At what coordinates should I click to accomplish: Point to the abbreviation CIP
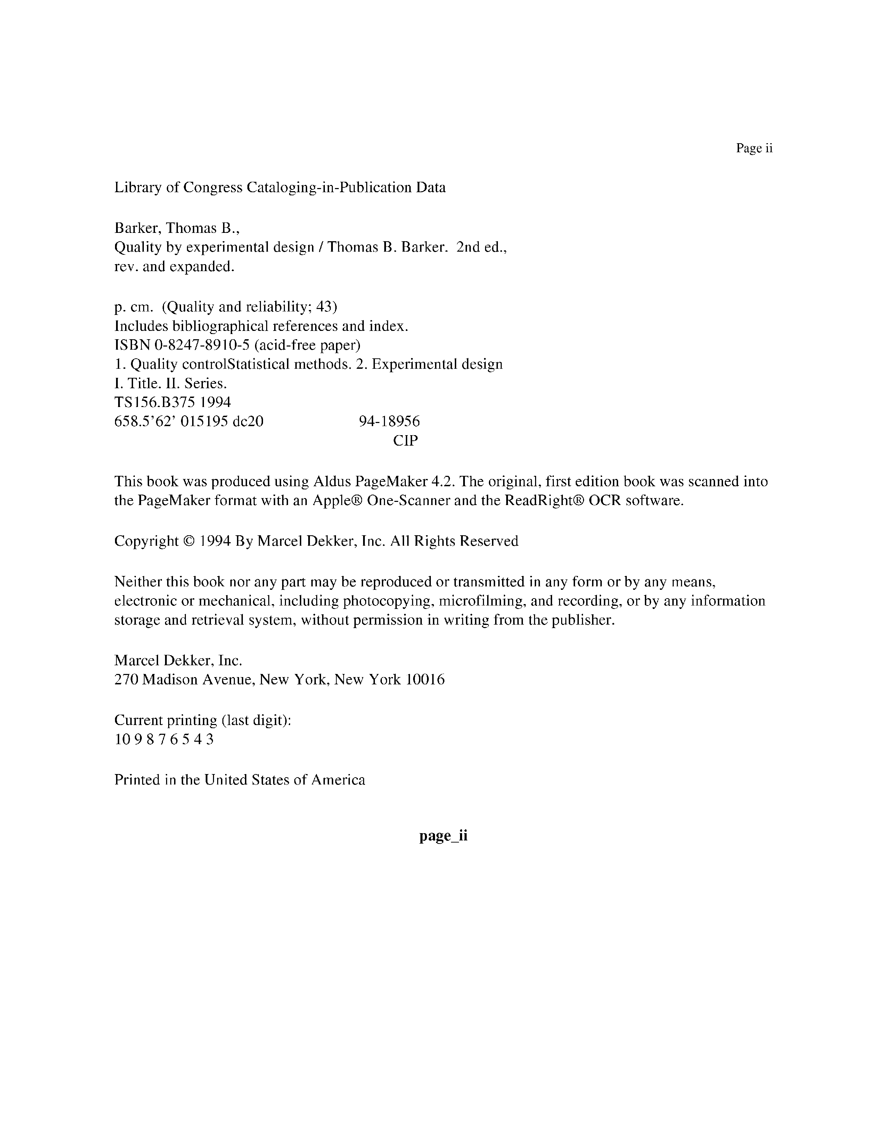[x=406, y=441]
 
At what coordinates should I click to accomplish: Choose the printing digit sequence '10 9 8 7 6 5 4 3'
[x=164, y=739]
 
